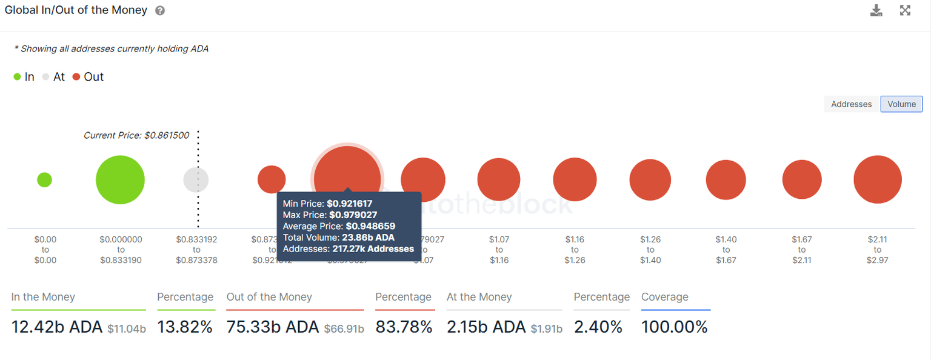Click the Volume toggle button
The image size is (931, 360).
[x=901, y=104]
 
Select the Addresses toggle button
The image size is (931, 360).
[x=851, y=104]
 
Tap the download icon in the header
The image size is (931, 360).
[x=876, y=10]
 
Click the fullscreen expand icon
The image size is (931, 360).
[x=905, y=10]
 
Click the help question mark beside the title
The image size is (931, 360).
[x=160, y=11]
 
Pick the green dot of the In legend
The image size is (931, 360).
[x=18, y=77]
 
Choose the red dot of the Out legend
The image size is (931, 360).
[x=76, y=77]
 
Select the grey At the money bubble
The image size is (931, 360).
[x=196, y=180]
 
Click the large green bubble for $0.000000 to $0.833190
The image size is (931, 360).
[x=120, y=180]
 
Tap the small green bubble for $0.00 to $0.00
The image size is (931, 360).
[x=44, y=179]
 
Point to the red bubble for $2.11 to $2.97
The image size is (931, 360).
[x=877, y=179]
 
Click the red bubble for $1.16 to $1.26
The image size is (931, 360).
[x=575, y=179]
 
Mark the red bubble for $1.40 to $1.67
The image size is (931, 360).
[x=726, y=180]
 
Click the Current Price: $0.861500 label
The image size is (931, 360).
[x=136, y=136]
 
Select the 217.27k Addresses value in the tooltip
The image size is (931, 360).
[x=373, y=248]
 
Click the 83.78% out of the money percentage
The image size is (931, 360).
[x=404, y=327]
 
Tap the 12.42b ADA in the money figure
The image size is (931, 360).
[x=57, y=327]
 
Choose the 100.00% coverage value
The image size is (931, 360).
[x=674, y=327]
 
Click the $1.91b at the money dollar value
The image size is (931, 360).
[x=546, y=329]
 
